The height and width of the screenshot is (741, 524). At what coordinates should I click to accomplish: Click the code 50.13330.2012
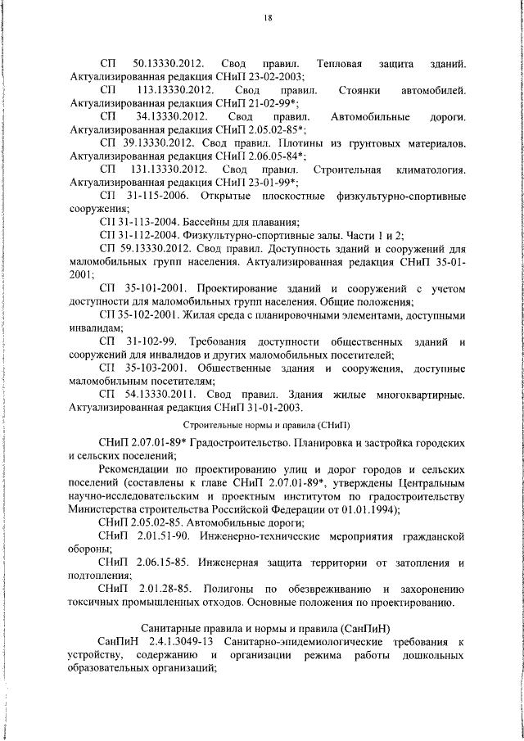pyautogui.click(x=168, y=64)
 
